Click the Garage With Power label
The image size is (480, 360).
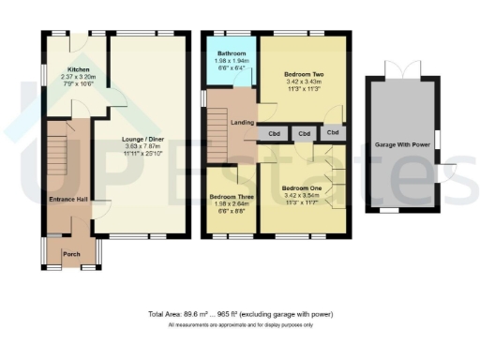(x=402, y=145)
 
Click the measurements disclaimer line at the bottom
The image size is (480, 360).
(x=239, y=324)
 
